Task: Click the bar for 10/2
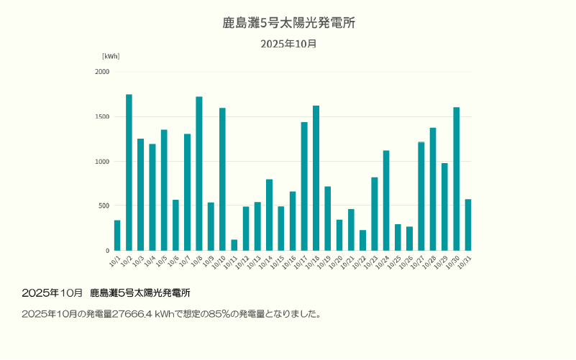pyautogui.click(x=129, y=172)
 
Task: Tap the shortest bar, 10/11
pyautogui.click(x=234, y=245)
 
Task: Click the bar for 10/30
pyautogui.click(x=456, y=179)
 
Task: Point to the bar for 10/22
pyautogui.click(x=362, y=241)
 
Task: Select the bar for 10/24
pyautogui.click(x=386, y=200)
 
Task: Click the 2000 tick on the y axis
pyautogui.click(x=102, y=72)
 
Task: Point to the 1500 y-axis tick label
pyautogui.click(x=102, y=116)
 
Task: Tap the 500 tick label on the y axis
pyautogui.click(x=104, y=206)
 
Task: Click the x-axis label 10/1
pyautogui.click(x=114, y=261)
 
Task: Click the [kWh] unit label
pyautogui.click(x=111, y=56)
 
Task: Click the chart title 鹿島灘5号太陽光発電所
pyautogui.click(x=288, y=23)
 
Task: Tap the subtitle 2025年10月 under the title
pyautogui.click(x=288, y=44)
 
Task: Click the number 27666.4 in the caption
pyautogui.click(x=132, y=314)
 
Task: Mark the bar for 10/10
pyautogui.click(x=222, y=179)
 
